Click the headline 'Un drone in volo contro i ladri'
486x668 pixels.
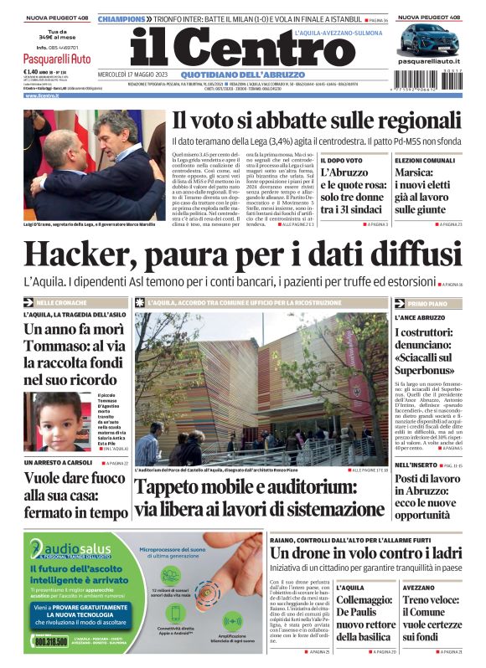click(365, 553)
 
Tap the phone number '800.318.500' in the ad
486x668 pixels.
click(53, 641)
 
